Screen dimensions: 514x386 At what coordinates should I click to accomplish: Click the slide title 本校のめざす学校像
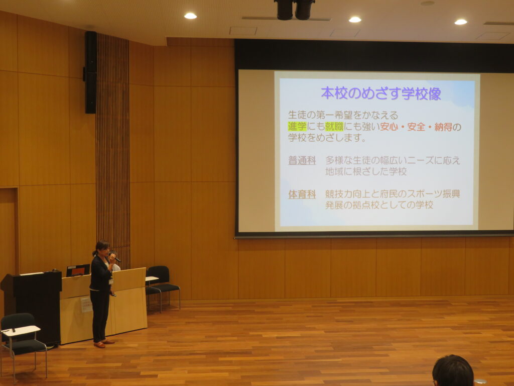coord(381,93)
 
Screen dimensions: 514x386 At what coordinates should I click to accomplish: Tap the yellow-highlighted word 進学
coord(297,126)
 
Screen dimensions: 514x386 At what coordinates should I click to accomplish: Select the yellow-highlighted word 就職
coord(334,126)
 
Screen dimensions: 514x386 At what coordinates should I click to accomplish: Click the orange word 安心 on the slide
coord(389,127)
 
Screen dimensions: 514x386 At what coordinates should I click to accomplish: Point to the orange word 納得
coord(443,127)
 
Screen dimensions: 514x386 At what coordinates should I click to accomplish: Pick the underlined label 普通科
coord(302,160)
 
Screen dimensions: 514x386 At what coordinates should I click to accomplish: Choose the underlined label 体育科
coord(302,195)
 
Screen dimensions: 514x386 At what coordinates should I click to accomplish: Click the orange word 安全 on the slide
coord(416,127)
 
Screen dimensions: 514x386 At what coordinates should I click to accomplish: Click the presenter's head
coord(102,248)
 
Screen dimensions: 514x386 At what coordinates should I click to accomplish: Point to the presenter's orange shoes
coord(103,343)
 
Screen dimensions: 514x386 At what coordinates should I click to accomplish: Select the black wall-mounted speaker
coord(90,72)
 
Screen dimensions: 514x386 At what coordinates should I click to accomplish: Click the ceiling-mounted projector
coord(295,10)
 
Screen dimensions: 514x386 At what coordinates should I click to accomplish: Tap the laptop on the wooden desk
coord(78,270)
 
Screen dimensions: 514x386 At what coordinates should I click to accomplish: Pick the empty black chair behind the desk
coord(162,285)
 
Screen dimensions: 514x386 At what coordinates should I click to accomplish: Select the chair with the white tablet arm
coord(21,343)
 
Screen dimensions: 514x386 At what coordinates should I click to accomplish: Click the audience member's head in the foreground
coord(453,371)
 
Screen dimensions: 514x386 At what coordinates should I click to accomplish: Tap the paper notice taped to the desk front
coord(86,305)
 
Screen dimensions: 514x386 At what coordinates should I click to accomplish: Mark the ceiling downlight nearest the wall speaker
coord(190,16)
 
